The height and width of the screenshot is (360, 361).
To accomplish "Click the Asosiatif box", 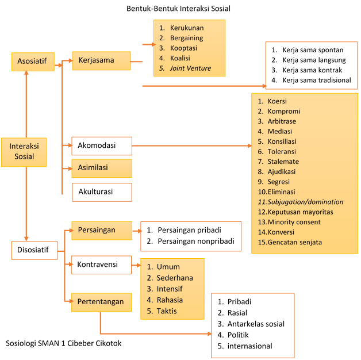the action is tap(33, 62).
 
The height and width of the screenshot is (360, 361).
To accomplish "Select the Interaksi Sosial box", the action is tap(24, 152).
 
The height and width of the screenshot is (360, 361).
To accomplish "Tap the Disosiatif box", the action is tap(34, 250).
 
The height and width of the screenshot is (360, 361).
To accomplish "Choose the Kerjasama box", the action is tap(102, 60).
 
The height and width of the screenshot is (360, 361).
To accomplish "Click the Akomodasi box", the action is tap(102, 146).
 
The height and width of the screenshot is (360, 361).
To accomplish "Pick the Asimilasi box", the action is tap(102, 168).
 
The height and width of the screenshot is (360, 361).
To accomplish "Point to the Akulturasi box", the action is tap(102, 192).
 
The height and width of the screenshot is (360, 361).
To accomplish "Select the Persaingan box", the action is tap(102, 231).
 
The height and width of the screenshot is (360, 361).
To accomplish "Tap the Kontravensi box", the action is tap(101, 265).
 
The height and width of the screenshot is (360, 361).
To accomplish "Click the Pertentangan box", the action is tap(101, 302).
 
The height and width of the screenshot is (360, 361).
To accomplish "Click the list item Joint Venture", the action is tap(190, 68).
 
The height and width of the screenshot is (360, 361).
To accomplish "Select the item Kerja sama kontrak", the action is tap(312, 70).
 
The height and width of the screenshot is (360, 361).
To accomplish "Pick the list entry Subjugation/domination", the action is tap(305, 202).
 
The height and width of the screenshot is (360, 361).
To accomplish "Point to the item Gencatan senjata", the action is tap(295, 242).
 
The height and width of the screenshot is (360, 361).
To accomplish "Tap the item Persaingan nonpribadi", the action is tap(196, 241).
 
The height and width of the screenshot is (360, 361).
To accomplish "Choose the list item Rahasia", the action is tap(170, 300).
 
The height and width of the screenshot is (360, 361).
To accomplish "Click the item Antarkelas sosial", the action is tap(256, 324).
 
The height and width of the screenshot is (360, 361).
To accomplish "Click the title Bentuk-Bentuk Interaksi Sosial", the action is tap(178, 9).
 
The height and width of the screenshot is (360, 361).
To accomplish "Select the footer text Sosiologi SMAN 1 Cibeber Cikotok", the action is tap(64, 343).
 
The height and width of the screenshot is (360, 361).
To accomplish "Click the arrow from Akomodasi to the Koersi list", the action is tap(192, 146).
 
